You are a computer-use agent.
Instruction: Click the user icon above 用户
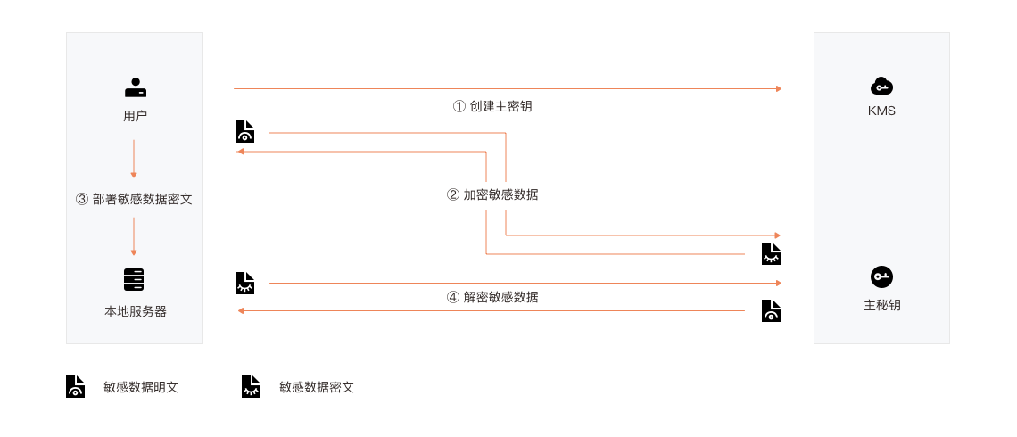[135, 87]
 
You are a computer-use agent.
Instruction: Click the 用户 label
[135, 116]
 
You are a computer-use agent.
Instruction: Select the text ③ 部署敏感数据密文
[134, 199]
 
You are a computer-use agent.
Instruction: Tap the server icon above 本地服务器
[134, 279]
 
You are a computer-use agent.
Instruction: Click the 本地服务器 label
[135, 312]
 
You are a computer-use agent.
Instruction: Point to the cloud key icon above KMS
[881, 86]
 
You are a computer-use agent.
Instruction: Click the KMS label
[881, 111]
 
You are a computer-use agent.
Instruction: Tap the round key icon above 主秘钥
[881, 276]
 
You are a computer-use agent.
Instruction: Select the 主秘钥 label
[882, 305]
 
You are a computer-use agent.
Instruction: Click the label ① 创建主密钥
[492, 106]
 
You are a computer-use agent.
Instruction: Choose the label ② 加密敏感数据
[492, 194]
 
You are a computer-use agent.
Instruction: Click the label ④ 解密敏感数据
[492, 297]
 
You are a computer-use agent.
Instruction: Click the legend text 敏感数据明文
[141, 387]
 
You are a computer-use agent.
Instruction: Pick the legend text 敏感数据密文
[317, 387]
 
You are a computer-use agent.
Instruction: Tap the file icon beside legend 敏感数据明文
[75, 386]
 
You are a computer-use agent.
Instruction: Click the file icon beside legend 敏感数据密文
[251, 386]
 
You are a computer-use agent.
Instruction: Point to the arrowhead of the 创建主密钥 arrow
[779, 88]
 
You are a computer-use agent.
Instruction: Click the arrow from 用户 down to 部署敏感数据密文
[134, 159]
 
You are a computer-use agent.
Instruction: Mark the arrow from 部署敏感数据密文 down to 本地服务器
[134, 236]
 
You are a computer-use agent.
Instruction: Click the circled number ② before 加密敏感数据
[453, 194]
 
